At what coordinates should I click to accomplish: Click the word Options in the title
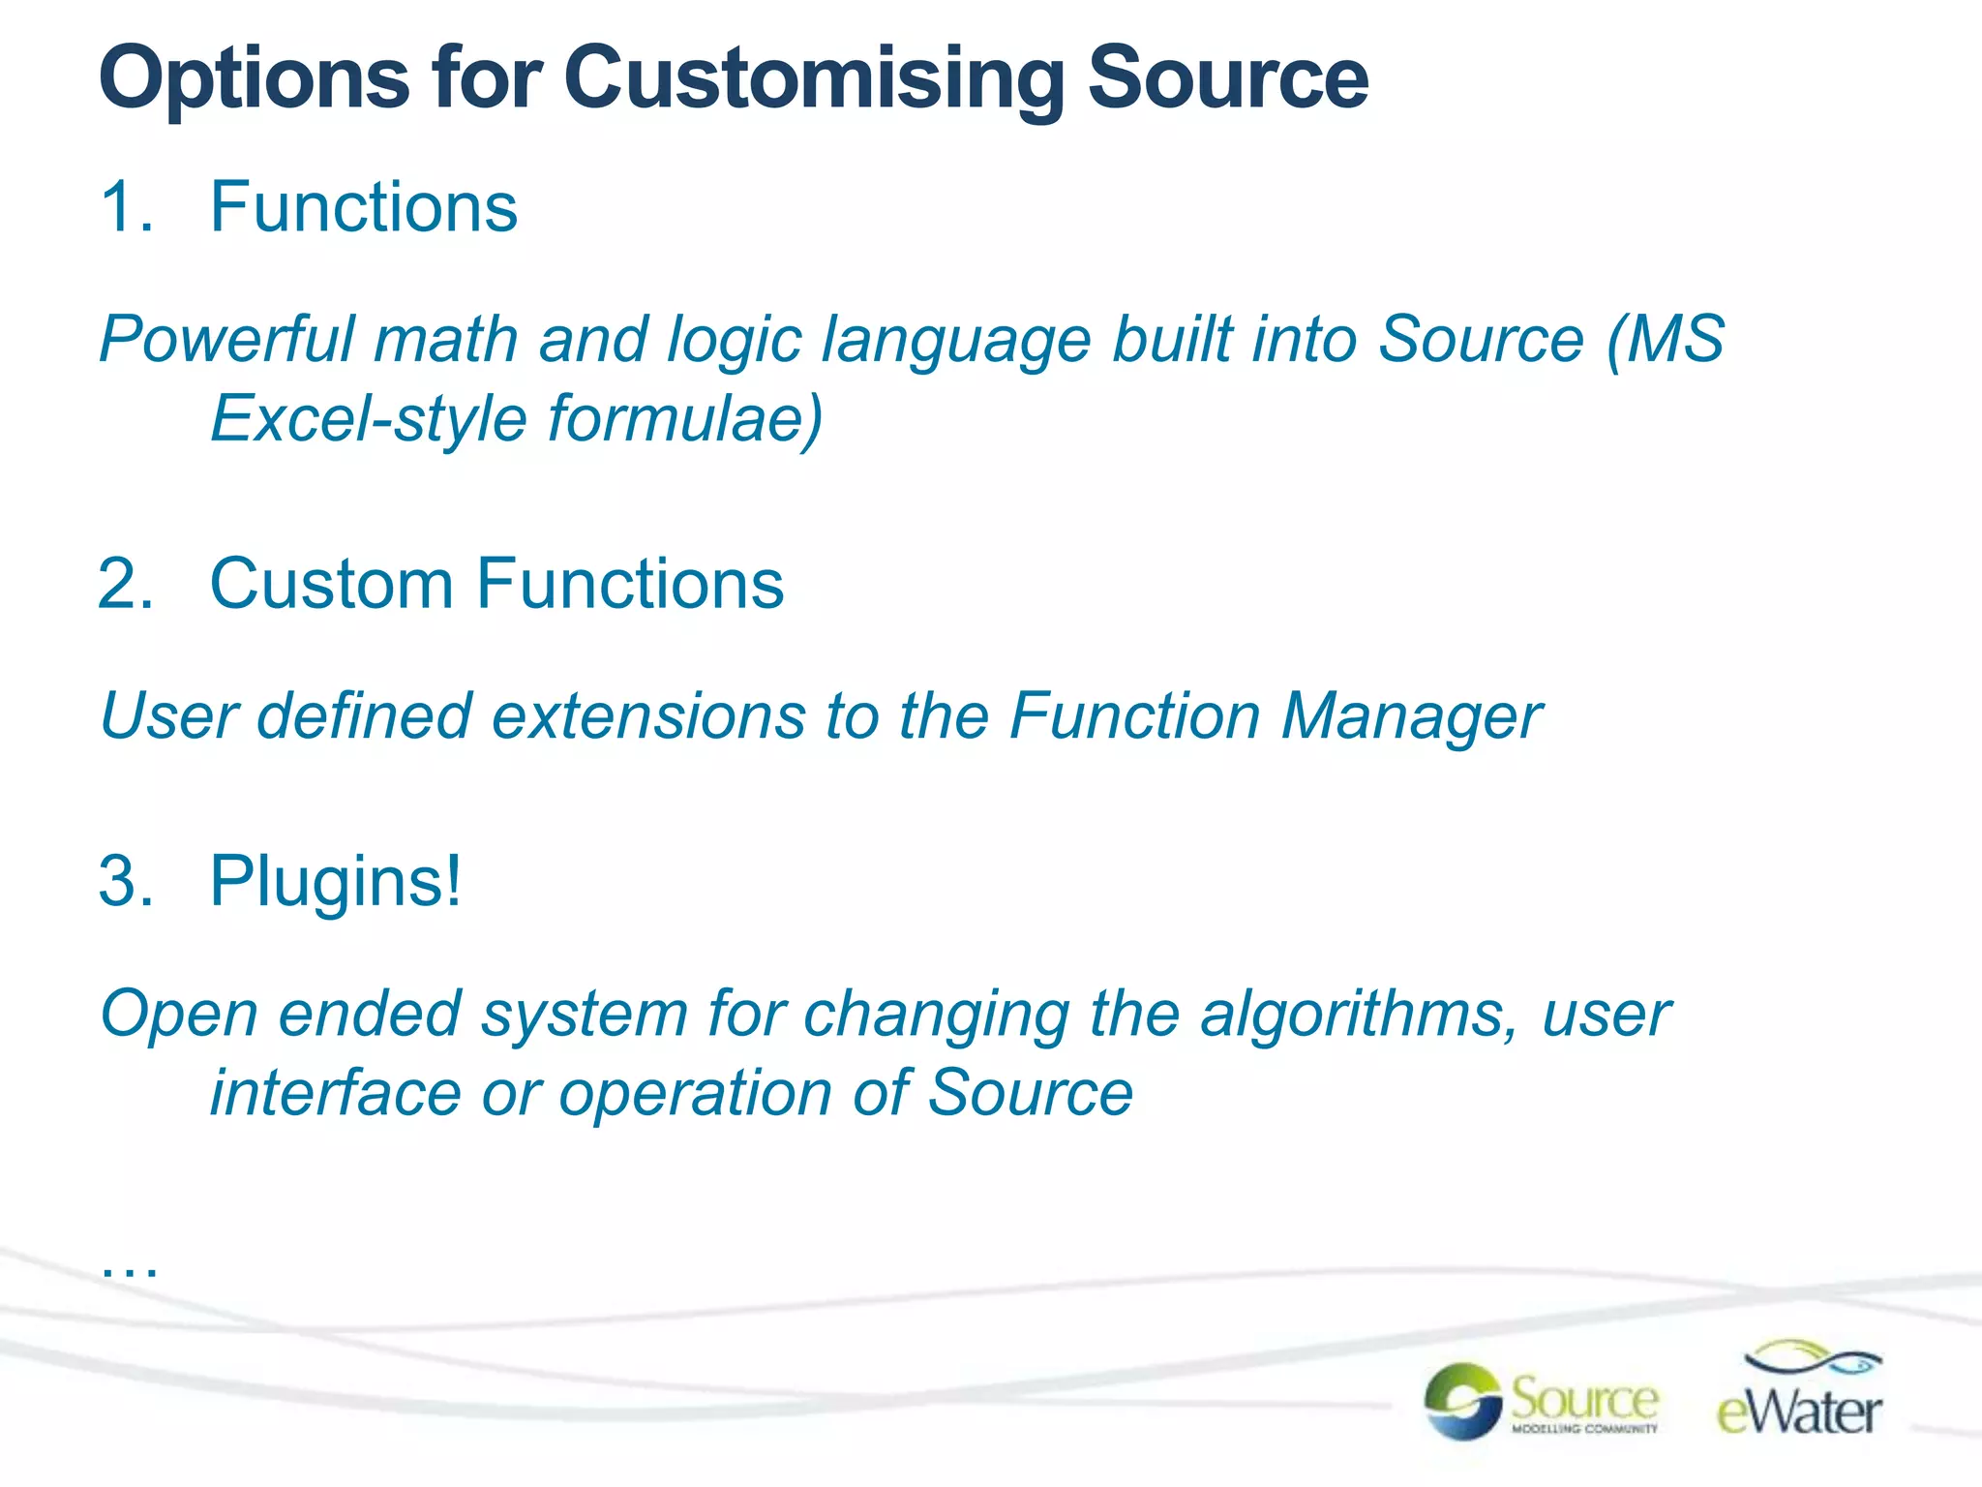click(254, 79)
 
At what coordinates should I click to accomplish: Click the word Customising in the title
click(813, 79)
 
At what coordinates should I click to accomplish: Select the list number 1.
click(125, 207)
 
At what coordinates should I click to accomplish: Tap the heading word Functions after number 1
click(364, 207)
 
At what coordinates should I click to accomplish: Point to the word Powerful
click(227, 340)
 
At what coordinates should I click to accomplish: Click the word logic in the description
click(735, 340)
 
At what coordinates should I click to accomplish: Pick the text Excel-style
click(369, 419)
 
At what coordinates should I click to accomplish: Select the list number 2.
click(125, 585)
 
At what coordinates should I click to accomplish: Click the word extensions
click(648, 716)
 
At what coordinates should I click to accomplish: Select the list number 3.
click(125, 882)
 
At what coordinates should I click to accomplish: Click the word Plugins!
click(336, 882)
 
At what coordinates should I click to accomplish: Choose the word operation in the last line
click(695, 1093)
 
